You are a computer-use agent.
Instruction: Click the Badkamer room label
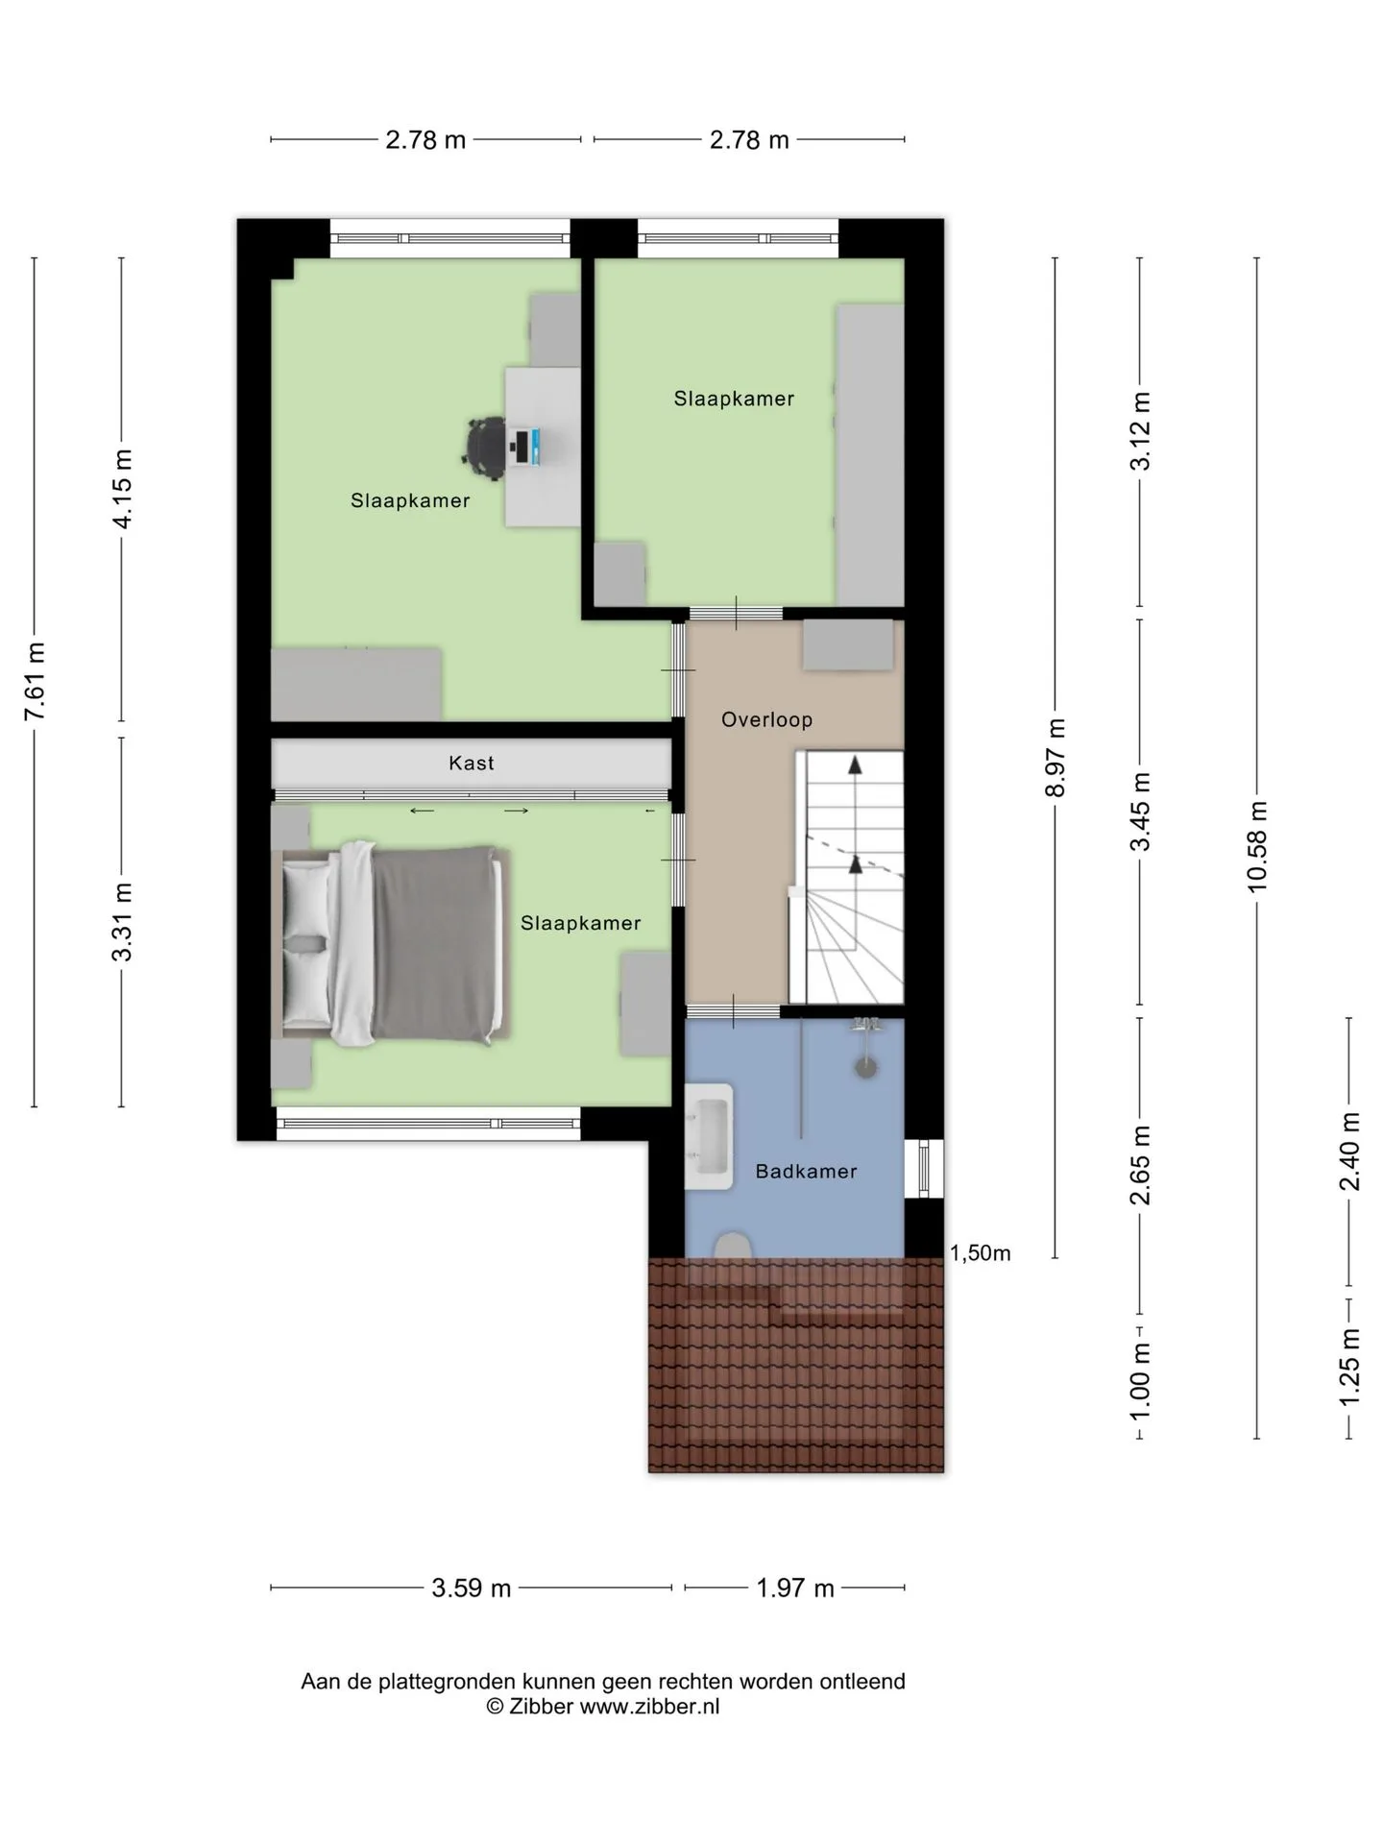(x=806, y=1171)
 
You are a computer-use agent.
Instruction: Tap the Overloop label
(x=766, y=719)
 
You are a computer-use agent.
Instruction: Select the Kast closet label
(x=472, y=763)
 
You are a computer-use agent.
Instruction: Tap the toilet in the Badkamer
(x=734, y=1246)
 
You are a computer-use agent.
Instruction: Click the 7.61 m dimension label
(x=35, y=681)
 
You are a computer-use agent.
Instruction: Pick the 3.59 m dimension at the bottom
(x=471, y=1588)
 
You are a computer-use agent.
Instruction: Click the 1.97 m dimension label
(x=795, y=1588)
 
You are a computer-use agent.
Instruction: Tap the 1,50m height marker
(x=980, y=1252)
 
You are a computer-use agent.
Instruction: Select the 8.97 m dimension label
(x=1055, y=758)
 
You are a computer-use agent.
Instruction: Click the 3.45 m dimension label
(x=1140, y=812)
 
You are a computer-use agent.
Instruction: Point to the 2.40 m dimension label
(x=1349, y=1151)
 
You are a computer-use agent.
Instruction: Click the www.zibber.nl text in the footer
(x=649, y=1707)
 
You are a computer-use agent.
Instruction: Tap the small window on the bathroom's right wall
(x=924, y=1168)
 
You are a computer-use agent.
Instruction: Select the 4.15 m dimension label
(x=122, y=488)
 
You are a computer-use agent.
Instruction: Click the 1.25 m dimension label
(x=1349, y=1367)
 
